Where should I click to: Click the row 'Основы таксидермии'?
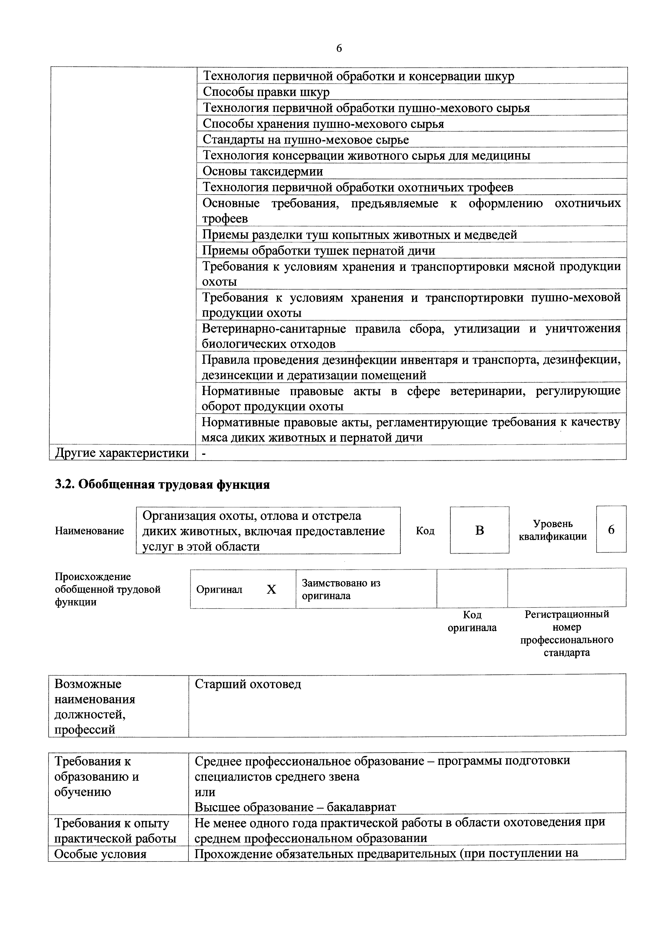click(x=263, y=171)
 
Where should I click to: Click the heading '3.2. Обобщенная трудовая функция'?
click(x=162, y=485)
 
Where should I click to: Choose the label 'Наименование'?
click(x=89, y=531)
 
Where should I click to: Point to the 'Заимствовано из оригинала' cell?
click(x=341, y=589)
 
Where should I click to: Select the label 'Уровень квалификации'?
click(x=553, y=530)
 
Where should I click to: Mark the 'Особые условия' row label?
click(x=100, y=854)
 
